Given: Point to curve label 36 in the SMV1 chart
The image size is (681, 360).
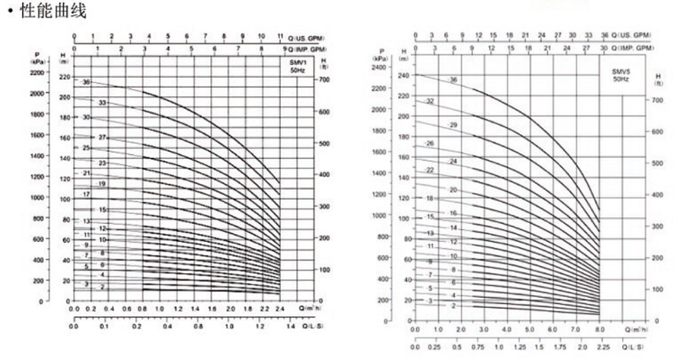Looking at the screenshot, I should (88, 82).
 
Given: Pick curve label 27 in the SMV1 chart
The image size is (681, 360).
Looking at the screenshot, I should (101, 137).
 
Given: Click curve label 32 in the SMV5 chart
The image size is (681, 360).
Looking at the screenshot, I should (431, 101).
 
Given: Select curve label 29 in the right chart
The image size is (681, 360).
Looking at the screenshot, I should (453, 124).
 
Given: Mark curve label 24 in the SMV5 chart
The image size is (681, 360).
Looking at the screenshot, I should (453, 161).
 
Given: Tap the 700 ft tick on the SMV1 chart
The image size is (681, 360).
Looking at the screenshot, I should (325, 79).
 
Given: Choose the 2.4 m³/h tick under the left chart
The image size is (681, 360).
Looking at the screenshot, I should (279, 309).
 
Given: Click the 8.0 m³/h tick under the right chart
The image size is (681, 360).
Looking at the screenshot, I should (599, 331).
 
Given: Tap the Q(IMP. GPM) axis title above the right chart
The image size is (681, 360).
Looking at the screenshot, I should (632, 48).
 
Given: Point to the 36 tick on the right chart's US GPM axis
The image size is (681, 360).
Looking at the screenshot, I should (605, 36).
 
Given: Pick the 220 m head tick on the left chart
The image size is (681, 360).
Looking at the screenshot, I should (64, 78).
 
